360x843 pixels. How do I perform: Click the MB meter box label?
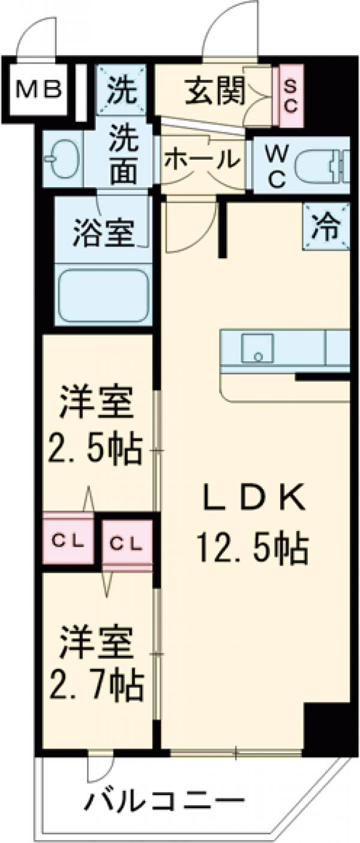pos(38,90)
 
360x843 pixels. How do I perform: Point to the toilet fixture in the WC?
pos(324,165)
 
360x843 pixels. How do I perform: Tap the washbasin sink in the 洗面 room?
pos(62,160)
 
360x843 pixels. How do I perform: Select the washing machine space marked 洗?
pos(121,91)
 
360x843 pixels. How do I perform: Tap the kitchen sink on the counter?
pos(257,348)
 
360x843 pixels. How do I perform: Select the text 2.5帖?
pos(96,446)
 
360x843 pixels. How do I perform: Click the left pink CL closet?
pos(67,538)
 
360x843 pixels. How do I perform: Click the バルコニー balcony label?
pos(164,802)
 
